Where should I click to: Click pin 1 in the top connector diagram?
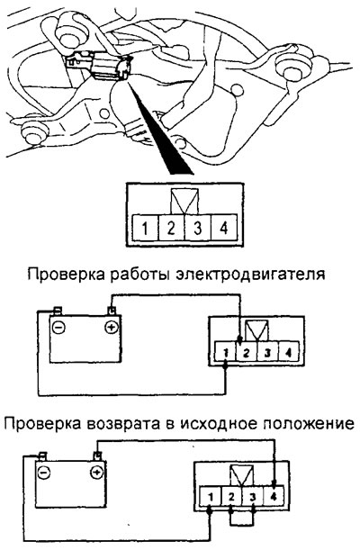(145, 228)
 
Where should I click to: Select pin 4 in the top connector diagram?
(224, 228)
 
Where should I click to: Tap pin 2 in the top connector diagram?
(171, 228)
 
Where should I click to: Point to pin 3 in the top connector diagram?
(198, 228)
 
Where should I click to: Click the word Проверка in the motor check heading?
(66, 275)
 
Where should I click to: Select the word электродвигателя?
(250, 275)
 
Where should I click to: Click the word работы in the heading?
(140, 275)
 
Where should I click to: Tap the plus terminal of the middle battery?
(111, 328)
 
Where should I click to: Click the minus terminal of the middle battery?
(58, 328)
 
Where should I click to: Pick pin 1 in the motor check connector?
(225, 353)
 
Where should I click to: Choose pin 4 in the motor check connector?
(289, 353)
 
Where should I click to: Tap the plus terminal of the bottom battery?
(96, 472)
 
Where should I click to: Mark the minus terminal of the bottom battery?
(44, 472)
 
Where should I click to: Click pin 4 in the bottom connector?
(274, 497)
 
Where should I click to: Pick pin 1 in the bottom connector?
(211, 497)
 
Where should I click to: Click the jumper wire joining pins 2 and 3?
(241, 525)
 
